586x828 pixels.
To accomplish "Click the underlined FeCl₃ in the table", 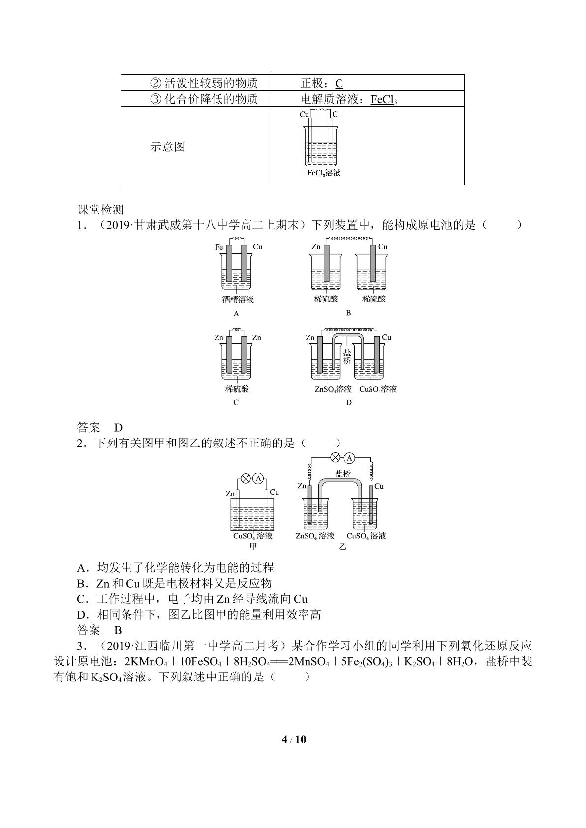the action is (x=384, y=99).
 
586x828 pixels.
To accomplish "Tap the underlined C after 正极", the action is (x=339, y=83).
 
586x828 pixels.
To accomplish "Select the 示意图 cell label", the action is (x=167, y=147).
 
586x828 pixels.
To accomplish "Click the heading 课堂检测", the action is (x=100, y=209).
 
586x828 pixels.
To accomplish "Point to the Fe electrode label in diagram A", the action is (x=219, y=247).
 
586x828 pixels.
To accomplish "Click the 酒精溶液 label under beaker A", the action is (x=238, y=299).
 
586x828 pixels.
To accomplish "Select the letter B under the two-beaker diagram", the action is (x=348, y=313).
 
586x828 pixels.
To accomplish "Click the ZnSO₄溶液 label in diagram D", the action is (x=333, y=389).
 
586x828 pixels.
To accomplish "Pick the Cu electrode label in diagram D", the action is (x=386, y=337).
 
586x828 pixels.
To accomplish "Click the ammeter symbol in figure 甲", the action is (x=258, y=479).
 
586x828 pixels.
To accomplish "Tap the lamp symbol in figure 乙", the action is (x=335, y=458).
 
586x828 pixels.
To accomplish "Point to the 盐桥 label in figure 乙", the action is (x=343, y=473).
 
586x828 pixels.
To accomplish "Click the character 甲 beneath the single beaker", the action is (x=253, y=546).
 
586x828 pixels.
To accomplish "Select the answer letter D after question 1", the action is (x=118, y=428).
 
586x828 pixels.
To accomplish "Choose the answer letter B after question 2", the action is (x=118, y=630).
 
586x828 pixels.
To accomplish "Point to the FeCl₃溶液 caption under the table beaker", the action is (x=324, y=173).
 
